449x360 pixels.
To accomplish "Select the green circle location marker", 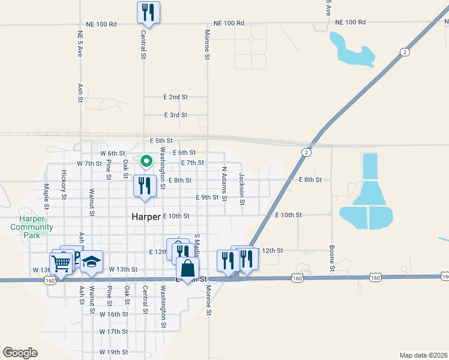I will point(146,161).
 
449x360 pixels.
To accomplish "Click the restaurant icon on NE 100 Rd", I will point(148,13).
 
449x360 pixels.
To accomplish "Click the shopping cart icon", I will point(61,263).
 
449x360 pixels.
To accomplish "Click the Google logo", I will point(20,352).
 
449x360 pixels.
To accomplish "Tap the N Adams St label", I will point(224,184).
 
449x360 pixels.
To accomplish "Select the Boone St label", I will point(331,259).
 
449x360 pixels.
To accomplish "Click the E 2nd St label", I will point(176,97).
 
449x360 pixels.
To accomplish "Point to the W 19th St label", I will point(114,352).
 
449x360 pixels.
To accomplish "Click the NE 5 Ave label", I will point(80,44).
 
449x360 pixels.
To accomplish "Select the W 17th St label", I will point(114,331).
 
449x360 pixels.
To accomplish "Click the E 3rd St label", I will point(176,115).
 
